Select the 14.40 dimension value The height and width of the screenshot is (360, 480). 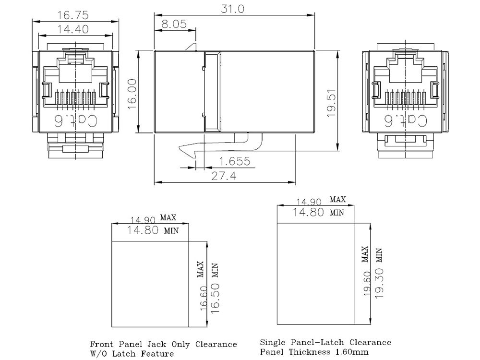click(73, 29)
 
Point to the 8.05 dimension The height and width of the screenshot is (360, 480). click(174, 24)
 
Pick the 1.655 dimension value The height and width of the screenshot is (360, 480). click(234, 162)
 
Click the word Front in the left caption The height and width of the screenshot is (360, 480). click(102, 344)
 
